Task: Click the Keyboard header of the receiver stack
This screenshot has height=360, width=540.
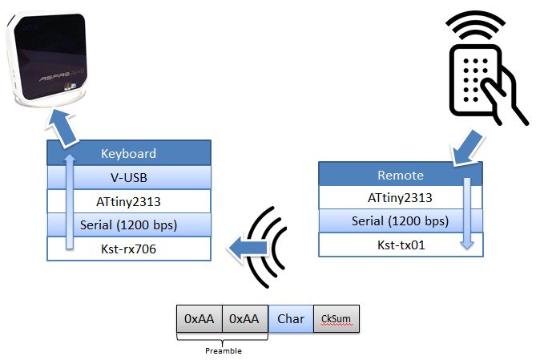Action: [x=128, y=153]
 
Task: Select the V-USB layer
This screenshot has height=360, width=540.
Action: [x=128, y=177]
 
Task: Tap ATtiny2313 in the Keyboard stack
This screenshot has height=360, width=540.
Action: [x=128, y=201]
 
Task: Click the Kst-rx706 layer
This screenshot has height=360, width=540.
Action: [x=128, y=249]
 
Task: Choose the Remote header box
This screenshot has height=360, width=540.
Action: [x=401, y=174]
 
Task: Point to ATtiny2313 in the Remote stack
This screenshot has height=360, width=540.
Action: [x=401, y=198]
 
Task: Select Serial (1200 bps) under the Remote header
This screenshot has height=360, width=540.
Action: [x=401, y=221]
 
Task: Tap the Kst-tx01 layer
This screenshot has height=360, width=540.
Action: [x=401, y=245]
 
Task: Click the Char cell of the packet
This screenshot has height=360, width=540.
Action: [x=290, y=318]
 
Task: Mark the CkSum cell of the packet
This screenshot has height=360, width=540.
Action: [x=336, y=318]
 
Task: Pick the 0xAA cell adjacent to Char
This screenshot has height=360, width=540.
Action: [x=244, y=318]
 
